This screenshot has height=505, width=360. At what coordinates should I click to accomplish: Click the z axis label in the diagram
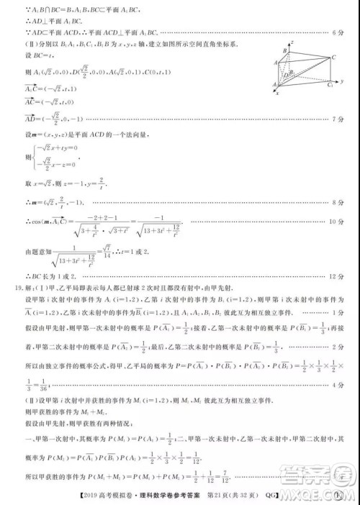pyautogui.click(x=292, y=43)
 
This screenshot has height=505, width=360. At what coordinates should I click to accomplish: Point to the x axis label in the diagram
pyautogui.click(x=279, y=93)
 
